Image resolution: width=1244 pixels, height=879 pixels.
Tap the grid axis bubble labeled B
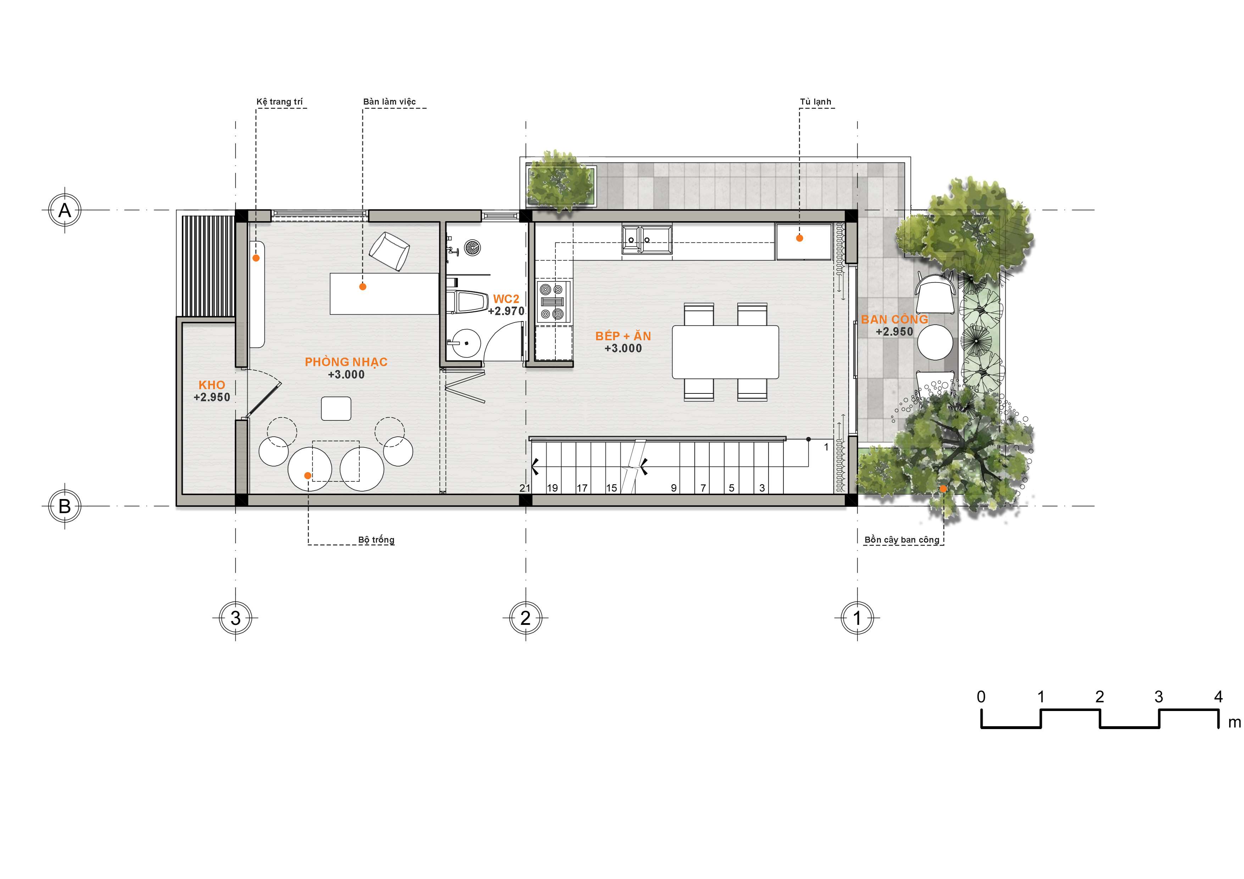[x=65, y=506]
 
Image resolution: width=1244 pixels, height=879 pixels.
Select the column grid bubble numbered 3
[x=235, y=618]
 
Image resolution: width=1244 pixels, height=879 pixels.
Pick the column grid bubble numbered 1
[x=857, y=618]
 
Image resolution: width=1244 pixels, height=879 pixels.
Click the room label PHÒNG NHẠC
[x=346, y=362]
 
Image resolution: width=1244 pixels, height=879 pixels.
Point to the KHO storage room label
[x=212, y=385]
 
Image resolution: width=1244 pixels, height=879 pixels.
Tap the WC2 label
[x=506, y=298]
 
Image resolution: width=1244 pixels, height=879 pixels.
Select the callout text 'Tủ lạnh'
[x=815, y=101]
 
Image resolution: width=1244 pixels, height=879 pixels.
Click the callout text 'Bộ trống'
[x=376, y=539]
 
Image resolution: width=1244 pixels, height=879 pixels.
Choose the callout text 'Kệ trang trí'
[x=279, y=102]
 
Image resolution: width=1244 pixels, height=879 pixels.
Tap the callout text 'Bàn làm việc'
[x=390, y=101]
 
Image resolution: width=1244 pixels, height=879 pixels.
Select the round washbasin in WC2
[x=466, y=343]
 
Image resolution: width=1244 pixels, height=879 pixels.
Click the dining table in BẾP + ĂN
[x=726, y=352]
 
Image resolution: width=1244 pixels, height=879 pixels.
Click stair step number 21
[x=524, y=488]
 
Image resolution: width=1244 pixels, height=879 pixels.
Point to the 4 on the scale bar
[x=1218, y=697]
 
